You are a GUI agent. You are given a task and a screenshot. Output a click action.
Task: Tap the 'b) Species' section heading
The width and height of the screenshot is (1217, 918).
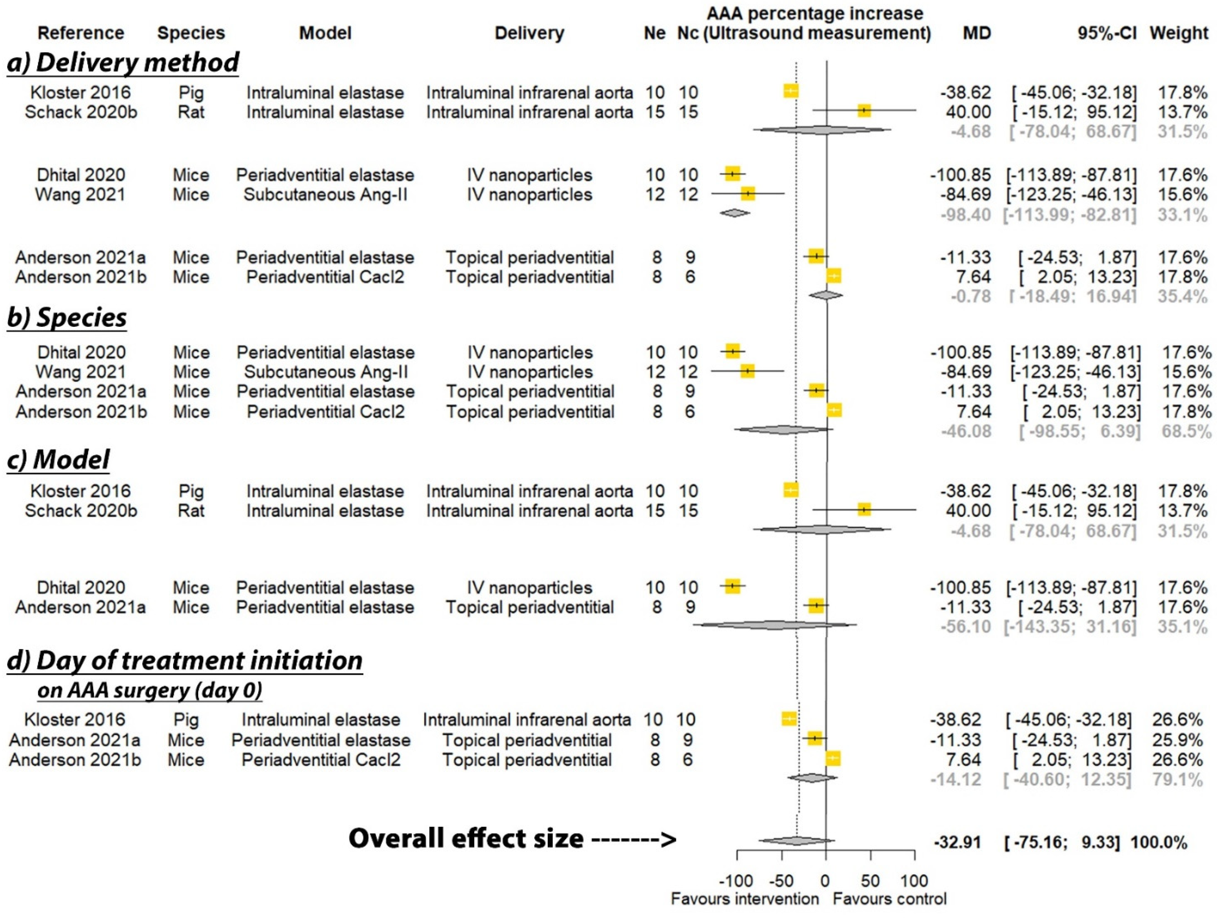(67, 318)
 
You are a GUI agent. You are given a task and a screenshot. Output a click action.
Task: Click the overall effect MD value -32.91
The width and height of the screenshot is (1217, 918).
(957, 842)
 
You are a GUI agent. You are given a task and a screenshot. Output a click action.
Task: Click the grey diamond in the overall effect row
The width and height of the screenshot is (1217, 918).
(796, 840)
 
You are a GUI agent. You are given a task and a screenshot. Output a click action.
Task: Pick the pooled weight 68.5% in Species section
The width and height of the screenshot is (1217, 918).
(1186, 431)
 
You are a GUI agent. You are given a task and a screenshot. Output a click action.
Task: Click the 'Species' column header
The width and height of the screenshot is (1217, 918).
(191, 33)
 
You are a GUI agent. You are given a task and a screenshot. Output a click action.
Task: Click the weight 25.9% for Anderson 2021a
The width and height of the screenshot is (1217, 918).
(1178, 740)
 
